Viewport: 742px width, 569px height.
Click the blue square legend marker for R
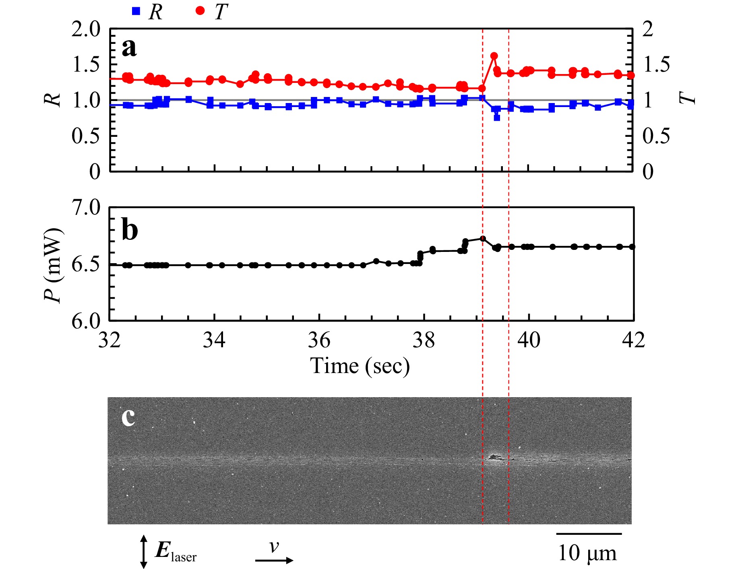(x=136, y=11)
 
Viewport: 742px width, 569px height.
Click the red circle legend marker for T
(x=200, y=11)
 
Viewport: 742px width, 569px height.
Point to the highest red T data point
(x=494, y=56)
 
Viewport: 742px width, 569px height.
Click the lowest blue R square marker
(x=497, y=118)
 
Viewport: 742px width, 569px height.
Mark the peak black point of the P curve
(x=483, y=239)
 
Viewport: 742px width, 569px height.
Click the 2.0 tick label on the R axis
(x=86, y=29)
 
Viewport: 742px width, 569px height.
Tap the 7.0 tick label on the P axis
(x=86, y=208)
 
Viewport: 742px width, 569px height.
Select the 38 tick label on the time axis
(x=424, y=340)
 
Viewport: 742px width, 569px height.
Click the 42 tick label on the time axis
(x=633, y=340)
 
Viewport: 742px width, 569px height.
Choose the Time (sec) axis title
(x=360, y=366)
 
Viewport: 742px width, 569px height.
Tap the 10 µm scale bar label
(x=587, y=553)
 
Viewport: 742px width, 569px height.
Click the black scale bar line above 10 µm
(x=589, y=534)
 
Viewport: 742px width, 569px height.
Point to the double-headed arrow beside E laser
(x=143, y=551)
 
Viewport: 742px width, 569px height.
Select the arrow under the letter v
(x=274, y=560)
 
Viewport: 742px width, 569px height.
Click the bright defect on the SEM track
(x=494, y=457)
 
